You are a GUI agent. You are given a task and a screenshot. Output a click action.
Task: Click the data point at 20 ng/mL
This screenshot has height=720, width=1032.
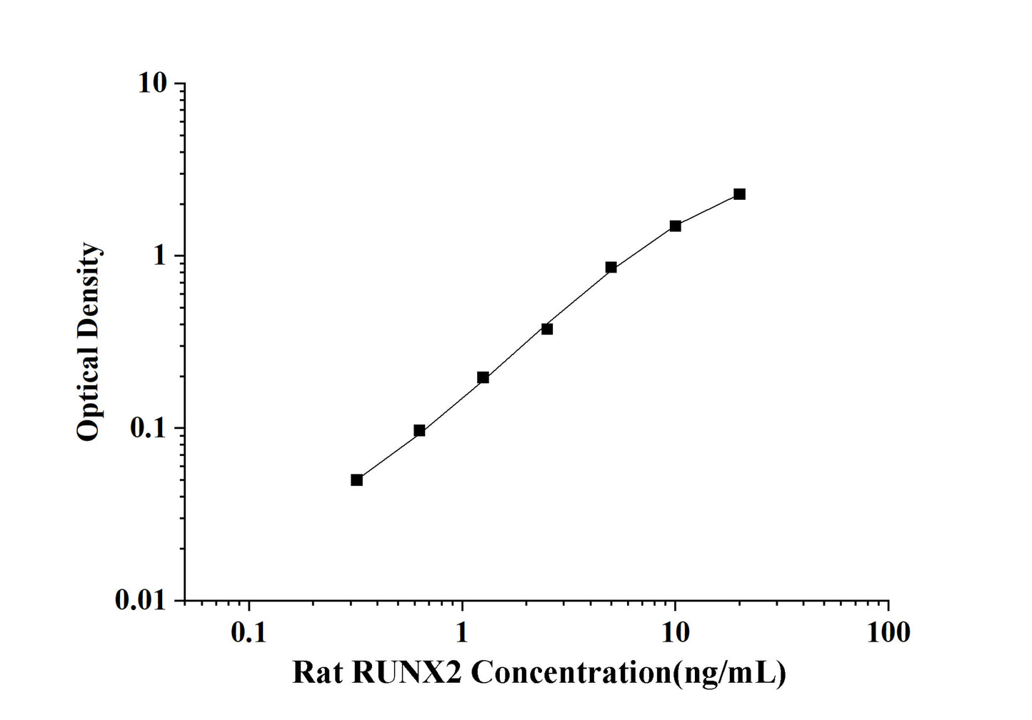(739, 194)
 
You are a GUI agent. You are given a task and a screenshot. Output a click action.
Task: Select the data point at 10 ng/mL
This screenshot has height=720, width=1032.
(675, 226)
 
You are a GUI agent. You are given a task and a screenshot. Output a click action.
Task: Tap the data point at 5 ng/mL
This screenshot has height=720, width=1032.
(611, 268)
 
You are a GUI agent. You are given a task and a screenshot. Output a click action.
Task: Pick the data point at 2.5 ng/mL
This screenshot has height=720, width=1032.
(547, 329)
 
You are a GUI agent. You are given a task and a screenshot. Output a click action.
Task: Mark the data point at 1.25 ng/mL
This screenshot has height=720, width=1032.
(483, 377)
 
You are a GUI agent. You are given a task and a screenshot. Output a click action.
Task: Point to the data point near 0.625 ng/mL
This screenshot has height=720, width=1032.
(419, 430)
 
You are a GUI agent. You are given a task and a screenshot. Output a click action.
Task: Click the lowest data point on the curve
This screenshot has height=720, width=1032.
(356, 480)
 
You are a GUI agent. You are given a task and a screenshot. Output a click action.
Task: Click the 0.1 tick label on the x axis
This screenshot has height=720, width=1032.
(249, 632)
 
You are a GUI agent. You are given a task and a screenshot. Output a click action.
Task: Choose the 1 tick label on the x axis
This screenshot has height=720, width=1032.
(462, 632)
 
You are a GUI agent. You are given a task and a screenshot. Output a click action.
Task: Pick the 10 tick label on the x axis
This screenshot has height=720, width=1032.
(675, 632)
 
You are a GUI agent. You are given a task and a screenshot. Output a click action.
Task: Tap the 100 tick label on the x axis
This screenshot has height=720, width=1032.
(888, 632)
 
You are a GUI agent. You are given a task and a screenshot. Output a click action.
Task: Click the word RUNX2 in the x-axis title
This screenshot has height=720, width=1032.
(408, 672)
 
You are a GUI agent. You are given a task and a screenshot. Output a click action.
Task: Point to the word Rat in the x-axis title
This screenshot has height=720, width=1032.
(319, 672)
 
